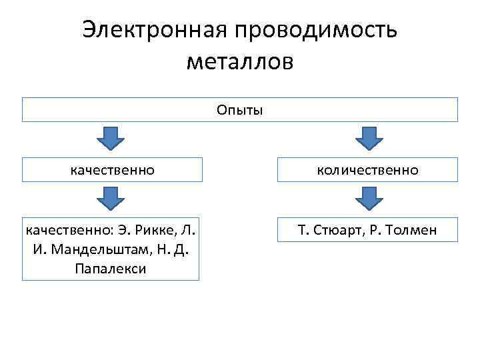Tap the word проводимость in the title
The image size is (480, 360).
(x=315, y=30)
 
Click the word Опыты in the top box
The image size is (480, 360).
(x=240, y=109)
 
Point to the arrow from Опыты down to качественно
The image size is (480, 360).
(x=111, y=139)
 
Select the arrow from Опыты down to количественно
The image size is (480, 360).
(x=368, y=139)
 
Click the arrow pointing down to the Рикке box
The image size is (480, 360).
(x=111, y=199)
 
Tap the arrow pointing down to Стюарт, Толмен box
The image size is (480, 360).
(x=368, y=199)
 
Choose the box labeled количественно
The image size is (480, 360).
(x=368, y=170)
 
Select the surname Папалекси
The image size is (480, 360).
(x=111, y=269)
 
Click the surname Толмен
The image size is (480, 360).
(x=413, y=231)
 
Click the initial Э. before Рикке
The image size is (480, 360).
(x=125, y=231)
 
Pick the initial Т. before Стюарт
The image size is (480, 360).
(x=304, y=231)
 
